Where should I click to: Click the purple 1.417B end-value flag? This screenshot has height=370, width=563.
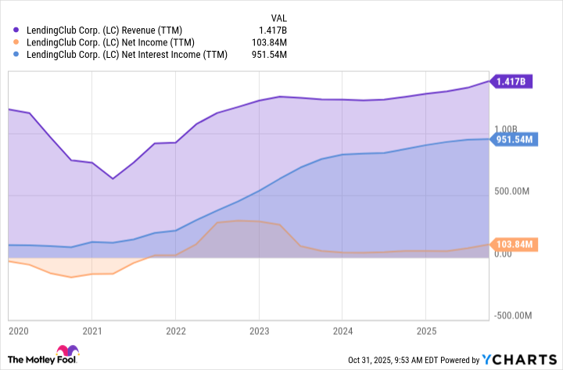[512, 81]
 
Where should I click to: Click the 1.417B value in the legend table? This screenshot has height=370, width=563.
[272, 29]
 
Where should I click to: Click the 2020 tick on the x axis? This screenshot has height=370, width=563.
[17, 331]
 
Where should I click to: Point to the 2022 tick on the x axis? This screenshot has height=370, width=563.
[175, 331]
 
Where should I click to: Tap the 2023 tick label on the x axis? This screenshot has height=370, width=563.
[259, 331]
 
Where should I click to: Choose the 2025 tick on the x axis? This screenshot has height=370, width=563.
[425, 331]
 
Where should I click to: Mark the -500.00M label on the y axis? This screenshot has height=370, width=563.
[514, 315]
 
